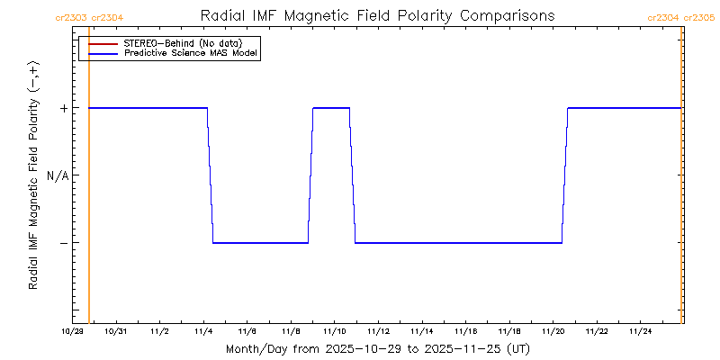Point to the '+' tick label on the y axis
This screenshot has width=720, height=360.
tap(64, 108)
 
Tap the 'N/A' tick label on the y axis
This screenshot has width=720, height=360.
tap(58, 175)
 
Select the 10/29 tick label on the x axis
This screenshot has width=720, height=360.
tap(72, 332)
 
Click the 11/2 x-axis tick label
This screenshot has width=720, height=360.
tap(159, 332)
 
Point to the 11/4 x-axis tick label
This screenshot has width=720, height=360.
tap(203, 332)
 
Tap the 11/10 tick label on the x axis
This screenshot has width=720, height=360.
tap(334, 332)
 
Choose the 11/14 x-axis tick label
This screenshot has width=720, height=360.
tap(421, 332)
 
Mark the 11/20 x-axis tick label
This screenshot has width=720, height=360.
tap(553, 332)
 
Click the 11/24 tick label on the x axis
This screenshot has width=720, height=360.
tap(640, 332)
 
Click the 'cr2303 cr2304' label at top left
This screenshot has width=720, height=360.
tap(89, 17)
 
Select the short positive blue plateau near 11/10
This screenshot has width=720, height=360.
tap(331, 108)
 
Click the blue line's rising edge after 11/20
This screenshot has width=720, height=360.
tap(565, 175)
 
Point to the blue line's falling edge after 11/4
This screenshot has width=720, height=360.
tap(211, 175)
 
